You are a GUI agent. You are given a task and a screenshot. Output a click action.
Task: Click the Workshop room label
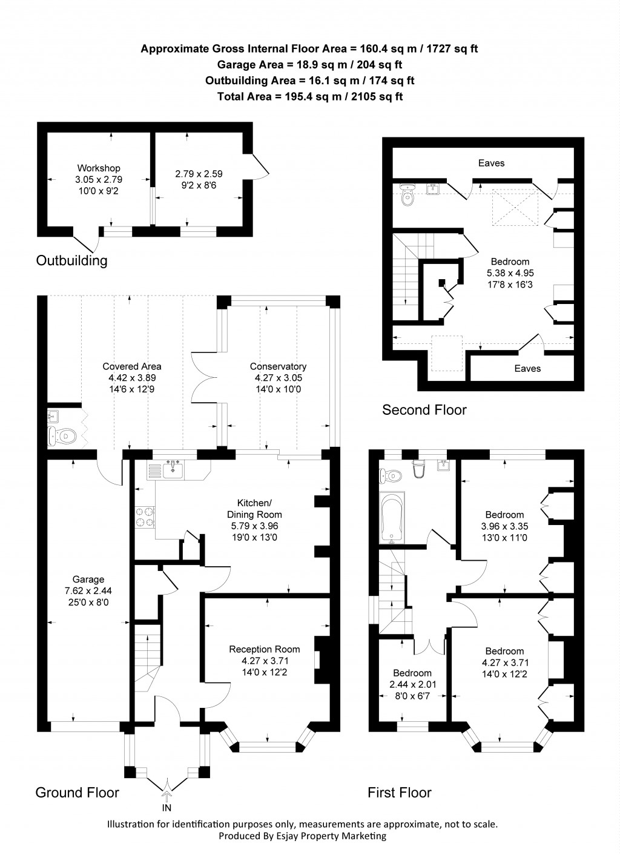tap(98, 168)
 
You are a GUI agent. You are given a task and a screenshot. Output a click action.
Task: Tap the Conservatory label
tap(278, 366)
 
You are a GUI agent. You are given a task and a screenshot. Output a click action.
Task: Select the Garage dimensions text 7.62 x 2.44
tap(88, 591)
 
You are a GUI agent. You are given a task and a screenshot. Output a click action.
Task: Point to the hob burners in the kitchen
tap(145, 516)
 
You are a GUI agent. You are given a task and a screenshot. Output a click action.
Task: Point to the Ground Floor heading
tap(77, 793)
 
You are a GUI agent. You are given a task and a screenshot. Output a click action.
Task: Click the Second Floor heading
tap(424, 410)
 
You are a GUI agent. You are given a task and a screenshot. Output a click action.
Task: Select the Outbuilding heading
tap(71, 261)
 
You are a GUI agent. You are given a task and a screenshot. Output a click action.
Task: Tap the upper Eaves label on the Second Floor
tap(491, 163)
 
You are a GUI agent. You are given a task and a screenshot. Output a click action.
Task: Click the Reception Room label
tap(264, 649)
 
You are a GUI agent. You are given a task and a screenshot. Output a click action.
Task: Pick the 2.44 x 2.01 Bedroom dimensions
tap(412, 685)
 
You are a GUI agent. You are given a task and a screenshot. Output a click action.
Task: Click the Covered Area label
tap(131, 366)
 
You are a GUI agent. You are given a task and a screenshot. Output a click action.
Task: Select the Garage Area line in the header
tap(309, 65)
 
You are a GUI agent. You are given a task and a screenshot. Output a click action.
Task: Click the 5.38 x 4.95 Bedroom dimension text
tap(510, 273)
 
